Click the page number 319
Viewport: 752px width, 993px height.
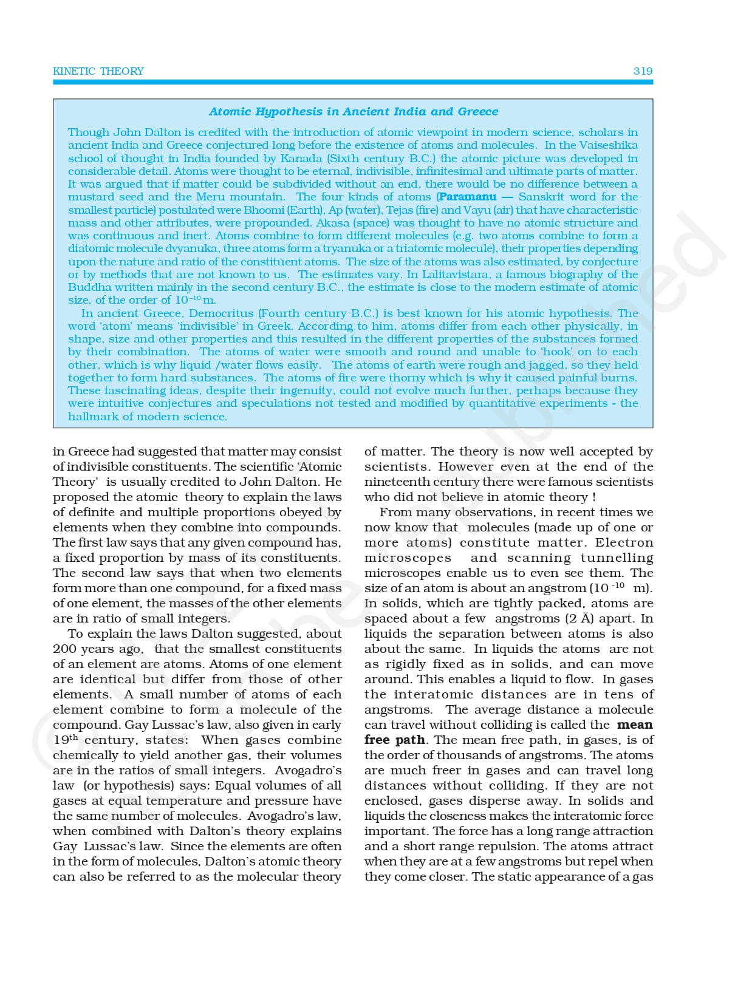[x=643, y=71]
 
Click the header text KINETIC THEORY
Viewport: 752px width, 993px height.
[x=98, y=71]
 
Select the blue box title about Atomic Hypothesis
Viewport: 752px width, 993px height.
[x=353, y=111]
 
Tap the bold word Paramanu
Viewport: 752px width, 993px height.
[x=467, y=197]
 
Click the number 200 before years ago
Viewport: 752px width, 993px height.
[x=65, y=649]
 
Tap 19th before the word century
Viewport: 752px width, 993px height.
[x=65, y=740]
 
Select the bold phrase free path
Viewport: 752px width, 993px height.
[x=395, y=740]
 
